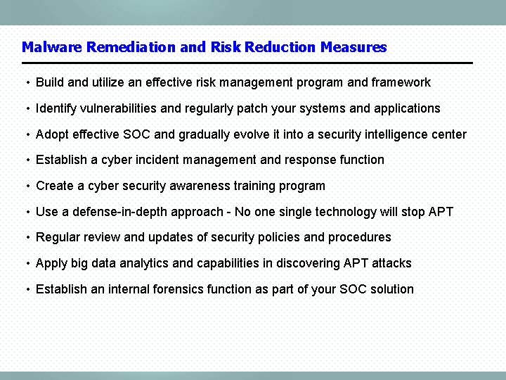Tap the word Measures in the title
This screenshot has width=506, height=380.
[353, 47]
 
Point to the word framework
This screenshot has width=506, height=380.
[401, 82]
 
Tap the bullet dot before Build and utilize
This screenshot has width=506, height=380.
[27, 83]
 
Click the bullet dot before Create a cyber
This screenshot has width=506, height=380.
[27, 186]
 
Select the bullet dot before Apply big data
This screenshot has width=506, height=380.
[27, 264]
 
